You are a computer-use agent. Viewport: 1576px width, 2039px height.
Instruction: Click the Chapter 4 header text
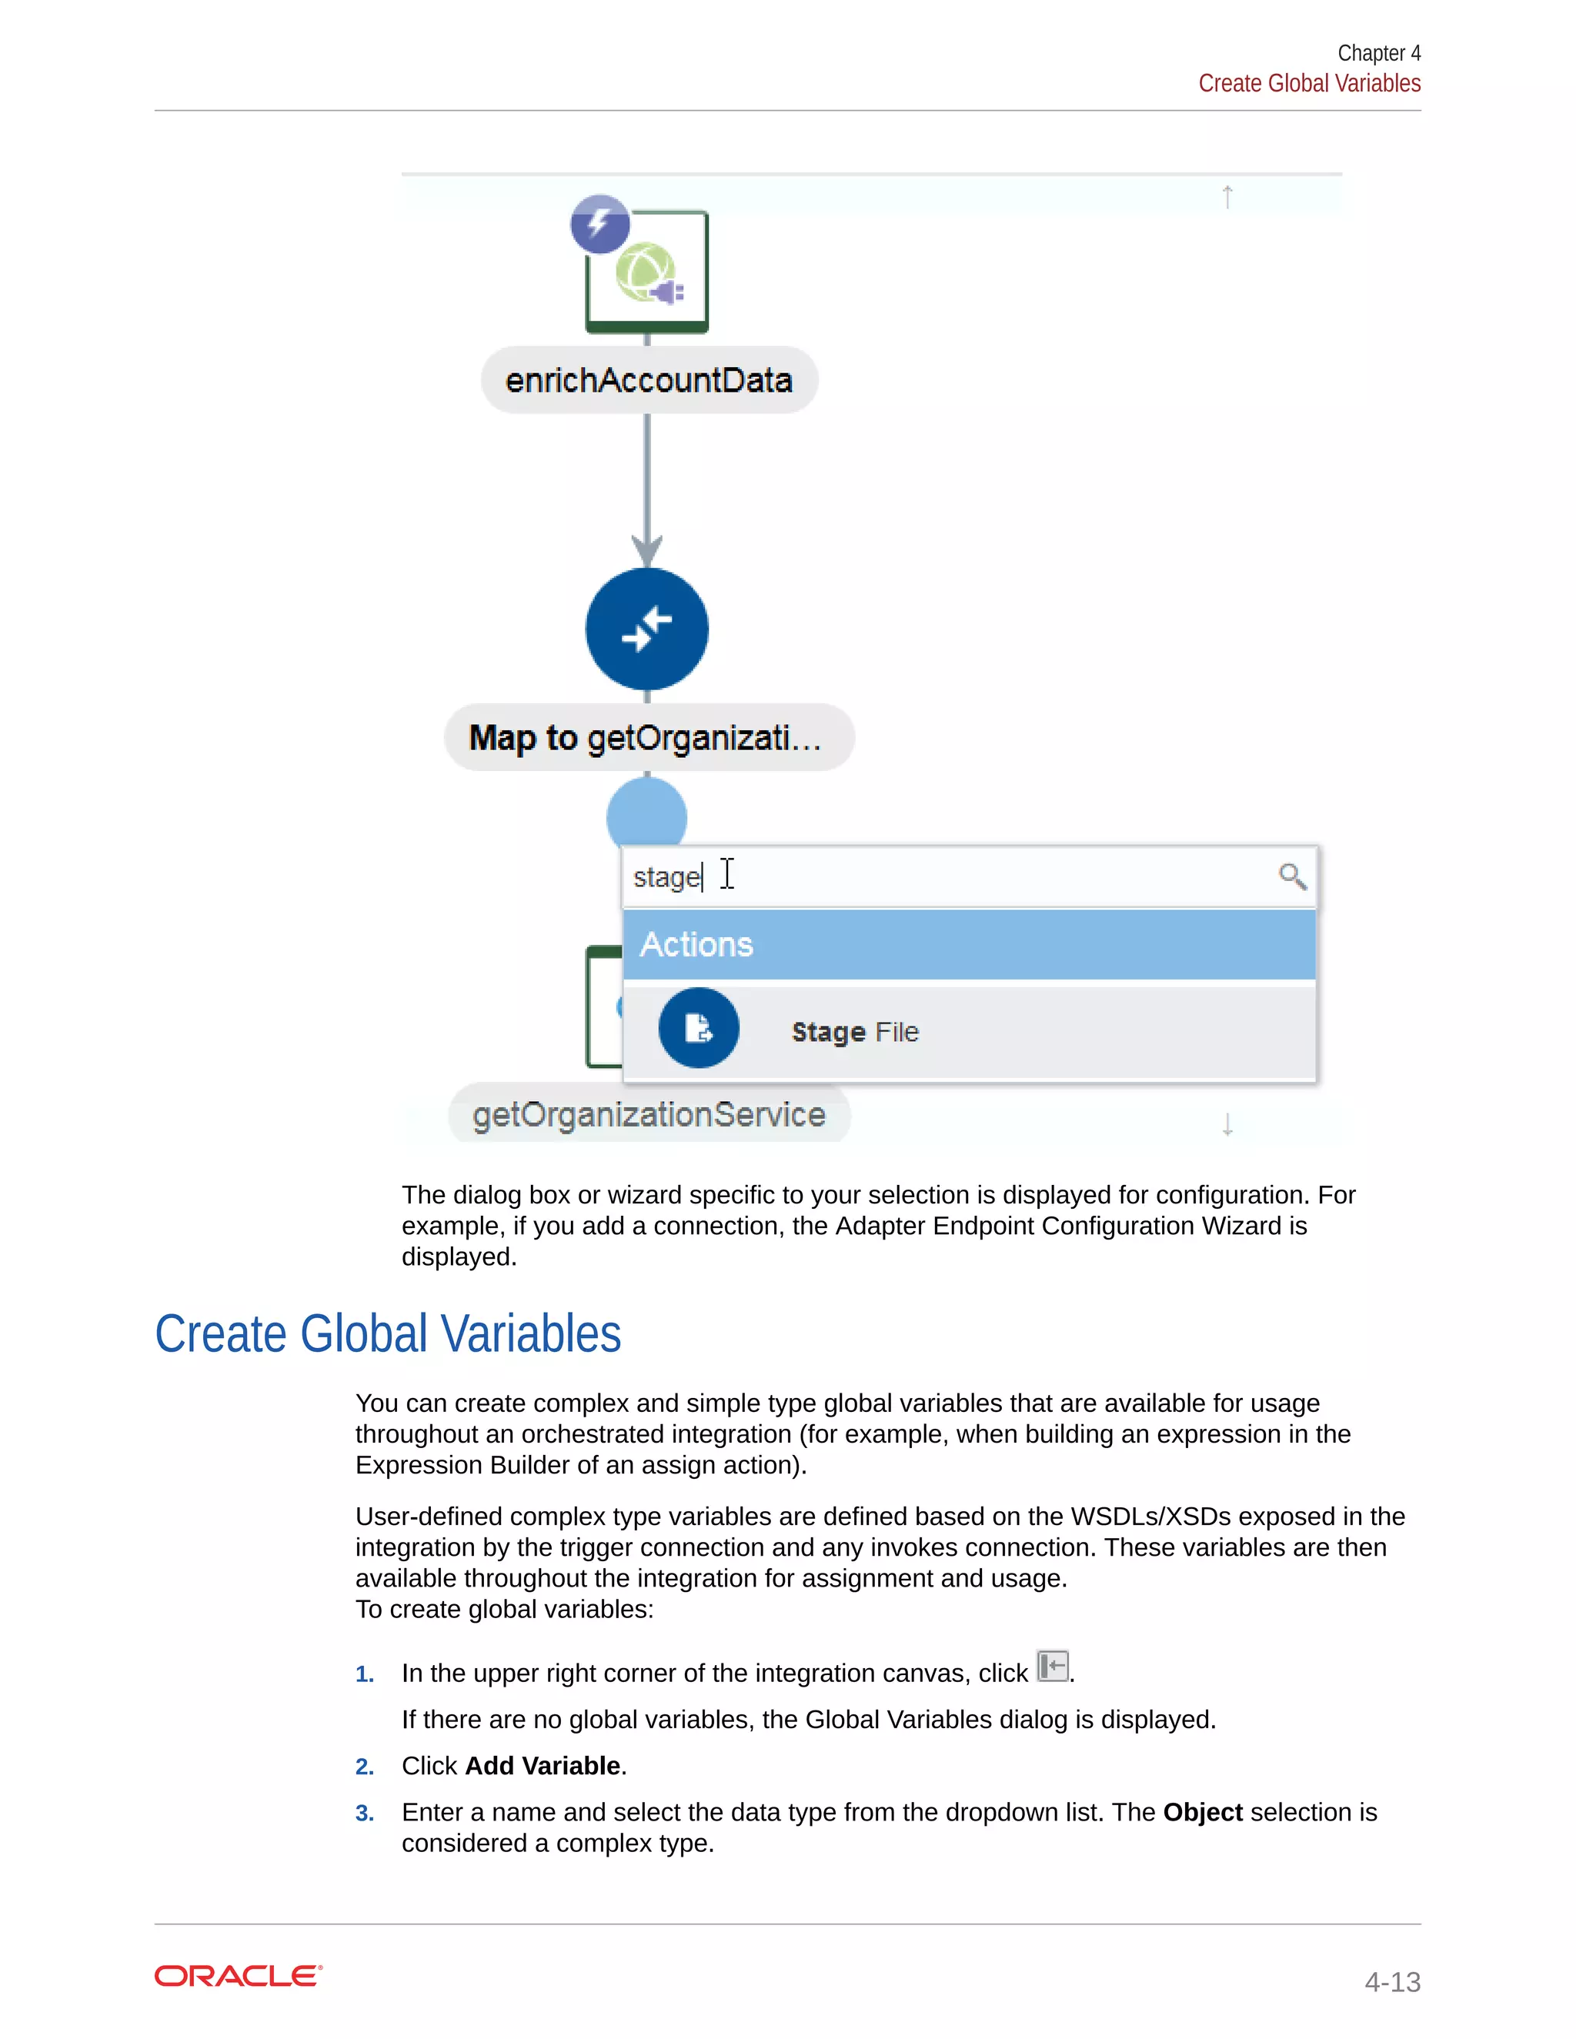[1378, 53]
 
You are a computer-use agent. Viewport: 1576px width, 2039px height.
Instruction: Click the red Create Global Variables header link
[1309, 84]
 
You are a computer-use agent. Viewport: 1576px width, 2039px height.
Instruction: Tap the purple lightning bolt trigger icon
[599, 224]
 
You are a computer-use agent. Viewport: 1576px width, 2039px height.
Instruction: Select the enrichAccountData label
[649, 380]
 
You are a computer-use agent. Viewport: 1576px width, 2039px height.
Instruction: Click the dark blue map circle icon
[646, 629]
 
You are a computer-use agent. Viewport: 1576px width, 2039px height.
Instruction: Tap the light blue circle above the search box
[646, 813]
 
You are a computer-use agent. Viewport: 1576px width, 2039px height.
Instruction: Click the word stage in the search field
[666, 878]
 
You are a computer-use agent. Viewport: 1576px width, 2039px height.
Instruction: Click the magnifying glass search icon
[1292, 876]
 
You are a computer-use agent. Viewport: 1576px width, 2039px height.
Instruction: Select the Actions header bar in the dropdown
[969, 945]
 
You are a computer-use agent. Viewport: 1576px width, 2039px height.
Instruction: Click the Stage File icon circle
[699, 1028]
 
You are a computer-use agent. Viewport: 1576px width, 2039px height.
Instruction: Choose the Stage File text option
[855, 1032]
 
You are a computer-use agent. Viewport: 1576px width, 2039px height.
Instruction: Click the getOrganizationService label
[649, 1115]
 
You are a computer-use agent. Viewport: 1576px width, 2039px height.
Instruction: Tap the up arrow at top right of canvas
[1227, 197]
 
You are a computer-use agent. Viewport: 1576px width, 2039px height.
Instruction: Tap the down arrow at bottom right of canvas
[1227, 1124]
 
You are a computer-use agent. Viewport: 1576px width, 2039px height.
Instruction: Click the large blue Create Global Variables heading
[388, 1334]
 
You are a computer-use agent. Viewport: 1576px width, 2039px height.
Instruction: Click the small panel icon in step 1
[1052, 1667]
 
